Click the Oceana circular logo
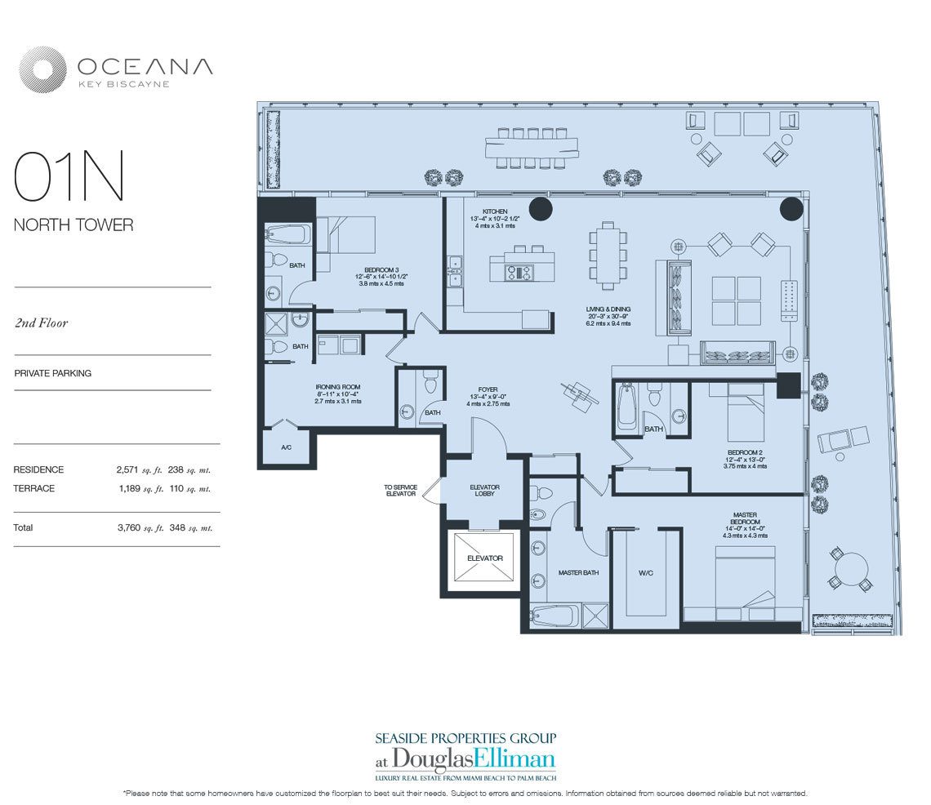(x=42, y=69)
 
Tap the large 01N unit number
(x=69, y=176)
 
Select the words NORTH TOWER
(x=73, y=225)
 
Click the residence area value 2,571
(x=127, y=469)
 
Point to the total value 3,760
(x=129, y=527)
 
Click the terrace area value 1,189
(x=128, y=488)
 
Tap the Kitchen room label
(x=495, y=211)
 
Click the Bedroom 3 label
(x=381, y=269)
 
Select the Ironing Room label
(x=338, y=387)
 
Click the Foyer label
(x=488, y=390)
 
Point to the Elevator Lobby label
(x=484, y=491)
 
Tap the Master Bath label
(x=578, y=573)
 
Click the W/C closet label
(x=646, y=573)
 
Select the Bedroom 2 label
(x=745, y=452)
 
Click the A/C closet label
(x=286, y=447)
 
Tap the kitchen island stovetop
(x=519, y=273)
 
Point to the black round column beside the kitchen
(x=541, y=209)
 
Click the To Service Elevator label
(x=401, y=491)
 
